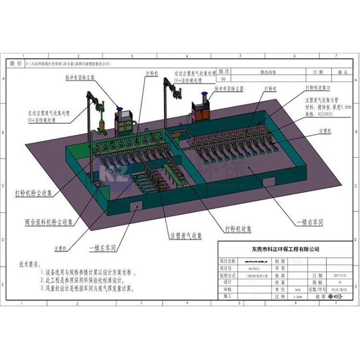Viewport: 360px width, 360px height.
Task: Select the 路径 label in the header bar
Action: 16,63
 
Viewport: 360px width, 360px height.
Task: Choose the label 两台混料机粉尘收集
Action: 50,223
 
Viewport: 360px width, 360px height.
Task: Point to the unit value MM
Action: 284,290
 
